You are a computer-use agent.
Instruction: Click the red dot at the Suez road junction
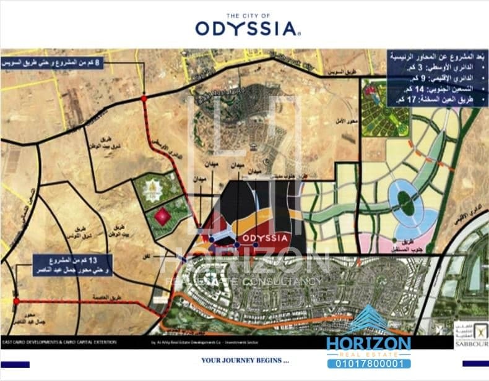click(x=144, y=98)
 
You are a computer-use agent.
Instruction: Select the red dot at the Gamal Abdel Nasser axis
click(x=16, y=301)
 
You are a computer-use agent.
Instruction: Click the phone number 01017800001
click(x=368, y=364)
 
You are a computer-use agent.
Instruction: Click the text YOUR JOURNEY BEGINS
click(x=244, y=360)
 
